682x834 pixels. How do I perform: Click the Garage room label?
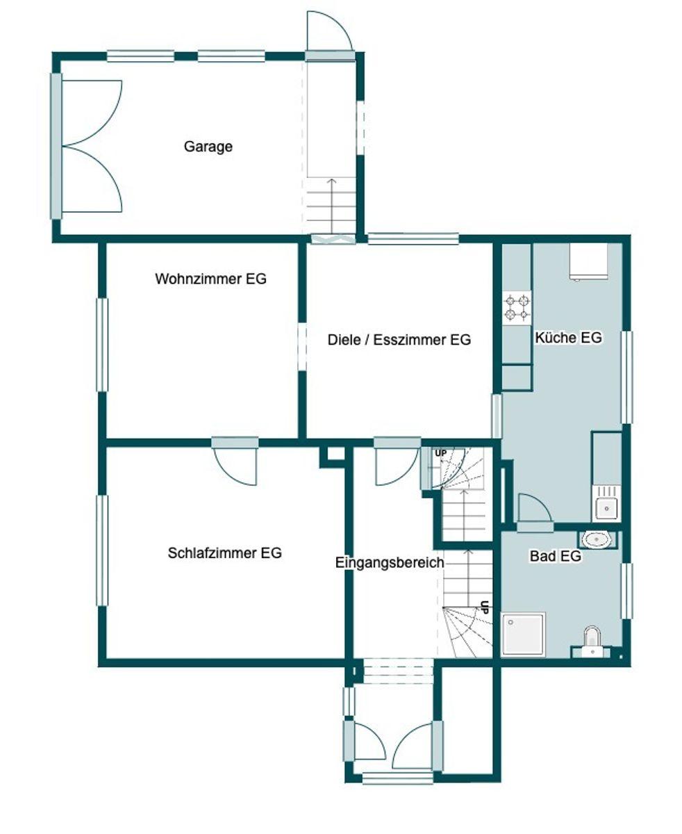208,147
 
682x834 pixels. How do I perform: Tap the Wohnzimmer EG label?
210,279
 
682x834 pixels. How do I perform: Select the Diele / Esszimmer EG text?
399,340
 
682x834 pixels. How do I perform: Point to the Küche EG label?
568,338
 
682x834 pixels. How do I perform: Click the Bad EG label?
555,556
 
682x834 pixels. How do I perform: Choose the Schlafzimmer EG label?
224,553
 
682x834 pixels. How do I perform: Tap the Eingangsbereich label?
389,562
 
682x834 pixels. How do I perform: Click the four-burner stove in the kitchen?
517,308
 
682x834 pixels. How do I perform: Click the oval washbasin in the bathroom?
598,539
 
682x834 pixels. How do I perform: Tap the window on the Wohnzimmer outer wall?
102,345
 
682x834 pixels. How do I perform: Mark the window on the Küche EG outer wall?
626,377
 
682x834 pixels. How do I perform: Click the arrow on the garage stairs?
332,205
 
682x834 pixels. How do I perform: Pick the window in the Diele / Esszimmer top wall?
413,238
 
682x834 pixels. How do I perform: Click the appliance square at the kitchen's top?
588,261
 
